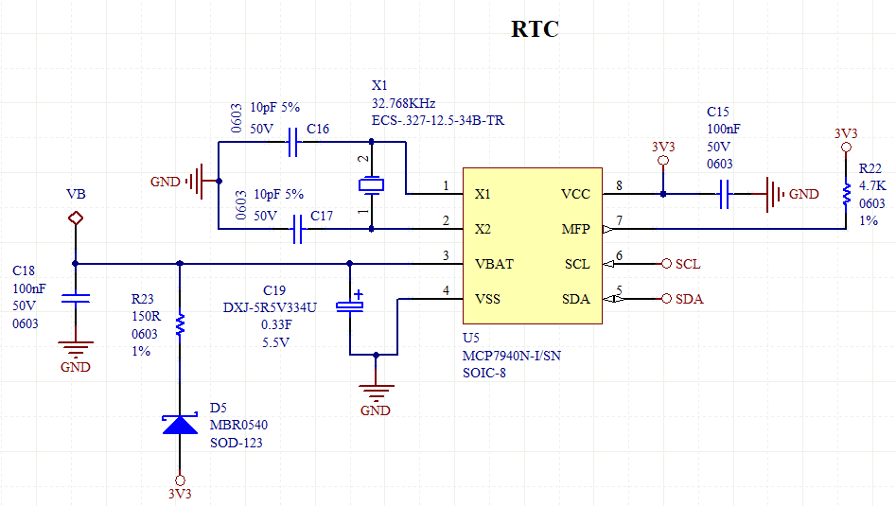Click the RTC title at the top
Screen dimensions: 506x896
(535, 29)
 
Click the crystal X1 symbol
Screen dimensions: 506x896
(371, 184)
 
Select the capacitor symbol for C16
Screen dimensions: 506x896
(293, 144)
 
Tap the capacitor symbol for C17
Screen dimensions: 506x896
(297, 229)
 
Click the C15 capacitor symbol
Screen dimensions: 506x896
(725, 195)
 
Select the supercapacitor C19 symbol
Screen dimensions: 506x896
(352, 303)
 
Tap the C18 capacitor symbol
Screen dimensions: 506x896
(76, 298)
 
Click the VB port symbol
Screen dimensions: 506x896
(76, 218)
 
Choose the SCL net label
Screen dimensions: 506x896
(688, 264)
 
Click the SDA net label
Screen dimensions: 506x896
(689, 299)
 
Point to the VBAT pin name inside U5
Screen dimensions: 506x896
(494, 264)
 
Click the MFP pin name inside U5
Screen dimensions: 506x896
(575, 229)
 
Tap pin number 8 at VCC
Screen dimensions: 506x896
(620, 185)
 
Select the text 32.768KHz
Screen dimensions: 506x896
(404, 103)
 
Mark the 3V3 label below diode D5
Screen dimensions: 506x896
(180, 494)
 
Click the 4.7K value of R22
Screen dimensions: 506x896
(872, 186)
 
